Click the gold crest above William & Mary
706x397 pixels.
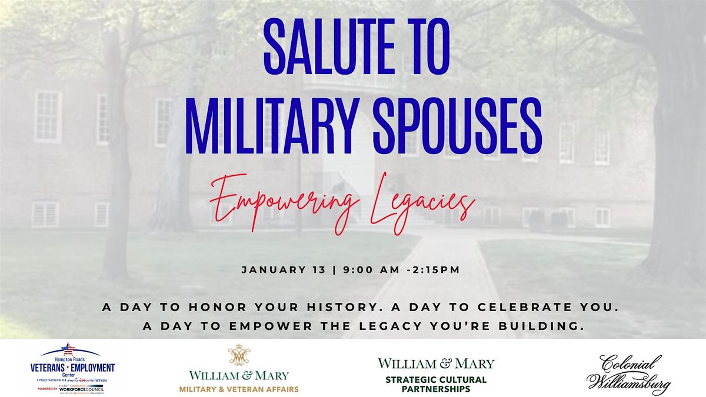(239, 355)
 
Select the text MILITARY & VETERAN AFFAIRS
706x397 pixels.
(239, 389)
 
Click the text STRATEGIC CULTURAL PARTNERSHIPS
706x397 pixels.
(436, 385)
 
